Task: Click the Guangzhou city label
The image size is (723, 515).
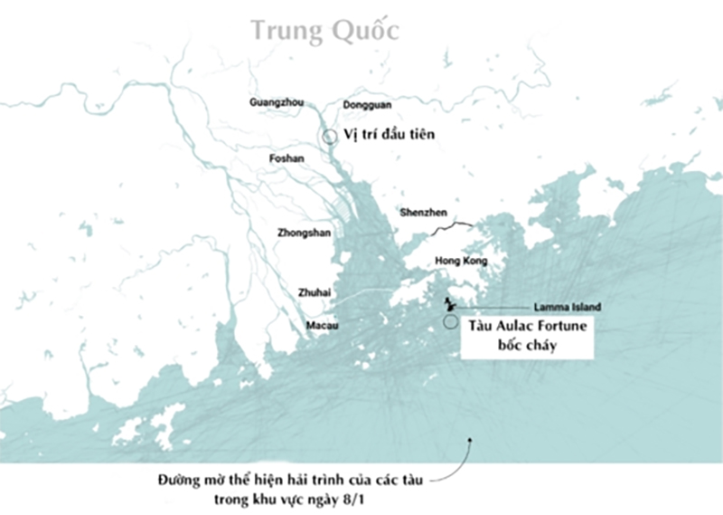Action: [x=276, y=102]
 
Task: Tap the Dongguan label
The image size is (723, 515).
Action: [x=370, y=102]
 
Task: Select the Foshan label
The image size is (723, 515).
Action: [x=287, y=158]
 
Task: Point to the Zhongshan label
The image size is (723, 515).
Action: [x=303, y=233]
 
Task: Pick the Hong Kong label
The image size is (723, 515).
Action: [x=461, y=261]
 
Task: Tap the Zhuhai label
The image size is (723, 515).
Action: [x=315, y=292]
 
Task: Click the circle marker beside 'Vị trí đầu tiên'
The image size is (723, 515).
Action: [x=332, y=137]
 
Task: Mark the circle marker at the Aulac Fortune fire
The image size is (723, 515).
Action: [x=450, y=321]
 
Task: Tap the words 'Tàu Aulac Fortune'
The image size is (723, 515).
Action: [x=528, y=326]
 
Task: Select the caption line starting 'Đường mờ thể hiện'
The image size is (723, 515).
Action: [x=291, y=480]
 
